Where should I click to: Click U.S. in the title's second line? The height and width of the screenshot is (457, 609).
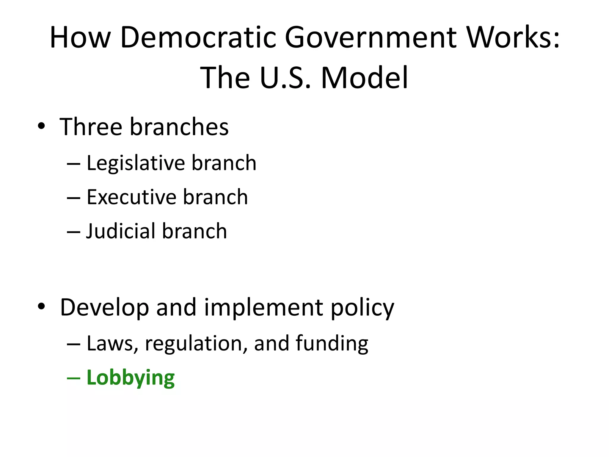[x=285, y=78]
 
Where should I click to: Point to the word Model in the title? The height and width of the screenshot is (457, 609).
[x=365, y=78]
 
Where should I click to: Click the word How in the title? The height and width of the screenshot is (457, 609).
[x=80, y=37]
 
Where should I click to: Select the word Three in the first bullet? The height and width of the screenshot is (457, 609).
[x=91, y=127]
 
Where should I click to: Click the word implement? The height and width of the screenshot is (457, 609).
[x=263, y=307]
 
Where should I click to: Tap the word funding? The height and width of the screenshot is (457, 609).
[x=332, y=344]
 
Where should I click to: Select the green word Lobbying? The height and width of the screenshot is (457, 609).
[x=131, y=378]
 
